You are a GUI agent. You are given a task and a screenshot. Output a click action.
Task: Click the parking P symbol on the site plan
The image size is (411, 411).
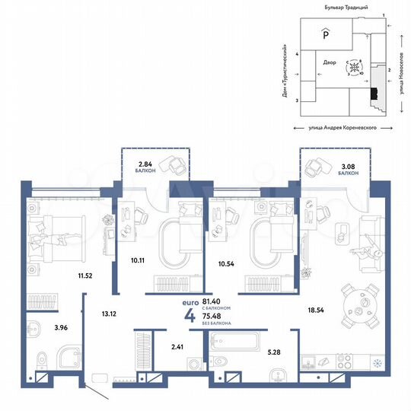point(326,34)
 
